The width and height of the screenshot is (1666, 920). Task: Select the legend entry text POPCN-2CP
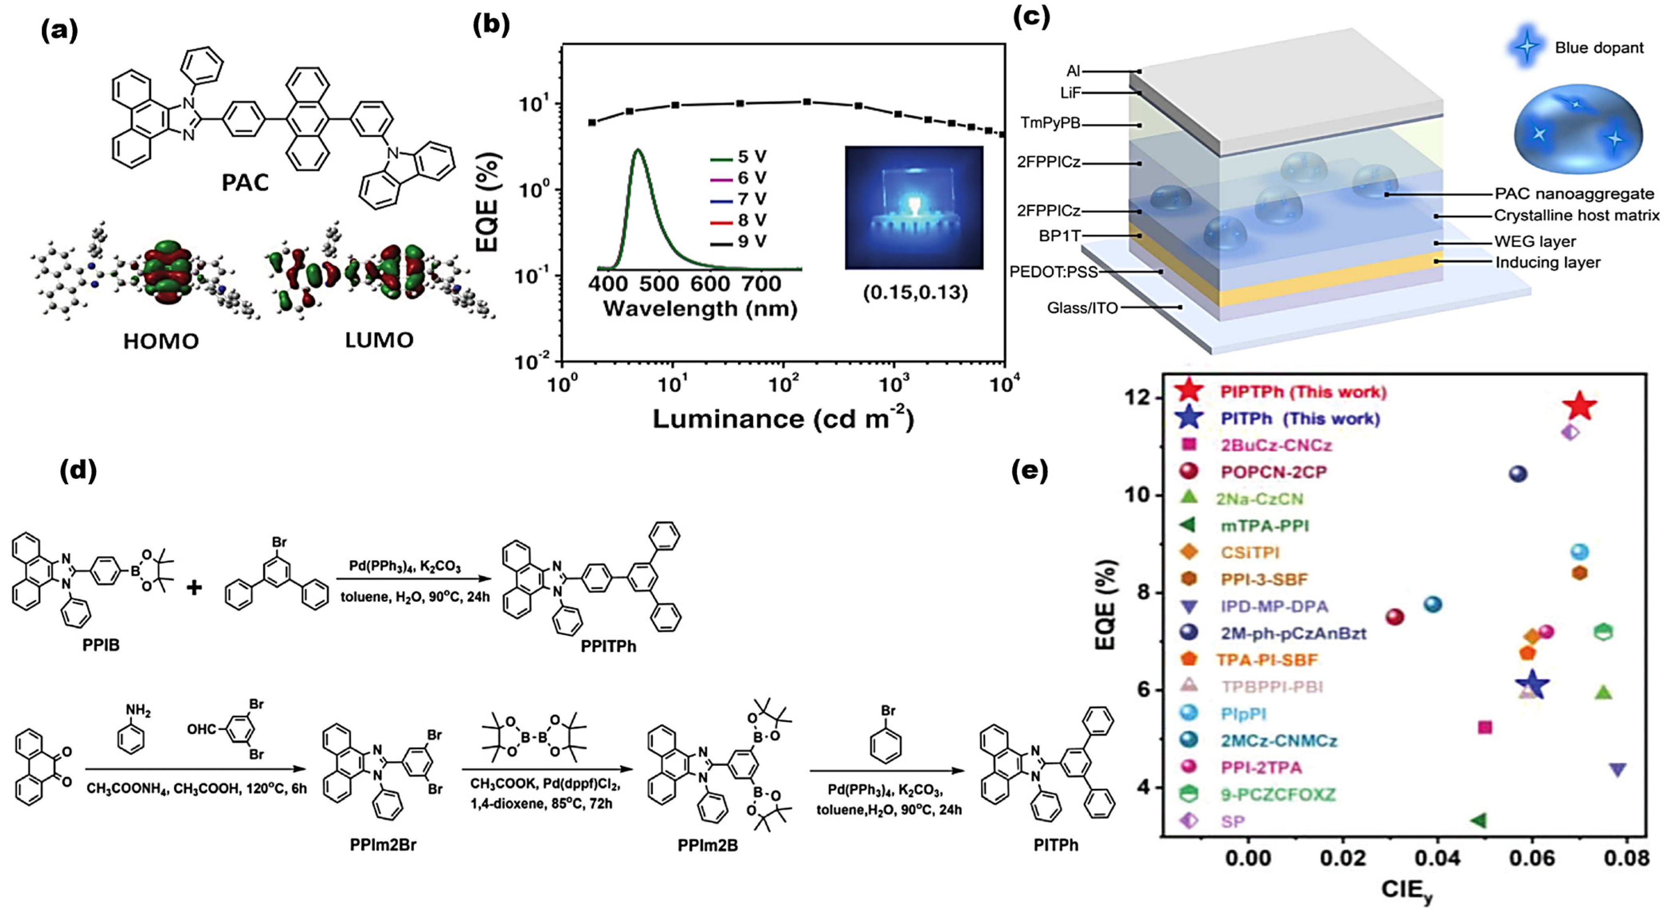point(1273,472)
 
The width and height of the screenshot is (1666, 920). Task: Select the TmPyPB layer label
point(1049,123)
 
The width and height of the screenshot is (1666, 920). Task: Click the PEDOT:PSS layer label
point(1053,272)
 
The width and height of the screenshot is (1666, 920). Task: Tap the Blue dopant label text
point(1599,48)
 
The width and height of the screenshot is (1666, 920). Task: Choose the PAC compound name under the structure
point(245,183)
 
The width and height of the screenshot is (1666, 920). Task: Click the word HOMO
point(161,341)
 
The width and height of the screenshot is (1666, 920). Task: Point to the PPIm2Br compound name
point(383,845)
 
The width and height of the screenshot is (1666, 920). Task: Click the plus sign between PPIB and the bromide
point(194,587)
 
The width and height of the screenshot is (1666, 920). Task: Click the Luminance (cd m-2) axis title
point(783,419)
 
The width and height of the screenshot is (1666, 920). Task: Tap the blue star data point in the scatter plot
point(1531,685)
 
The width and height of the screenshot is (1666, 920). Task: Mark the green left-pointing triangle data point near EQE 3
point(1478,820)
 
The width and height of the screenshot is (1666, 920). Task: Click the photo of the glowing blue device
point(914,207)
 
